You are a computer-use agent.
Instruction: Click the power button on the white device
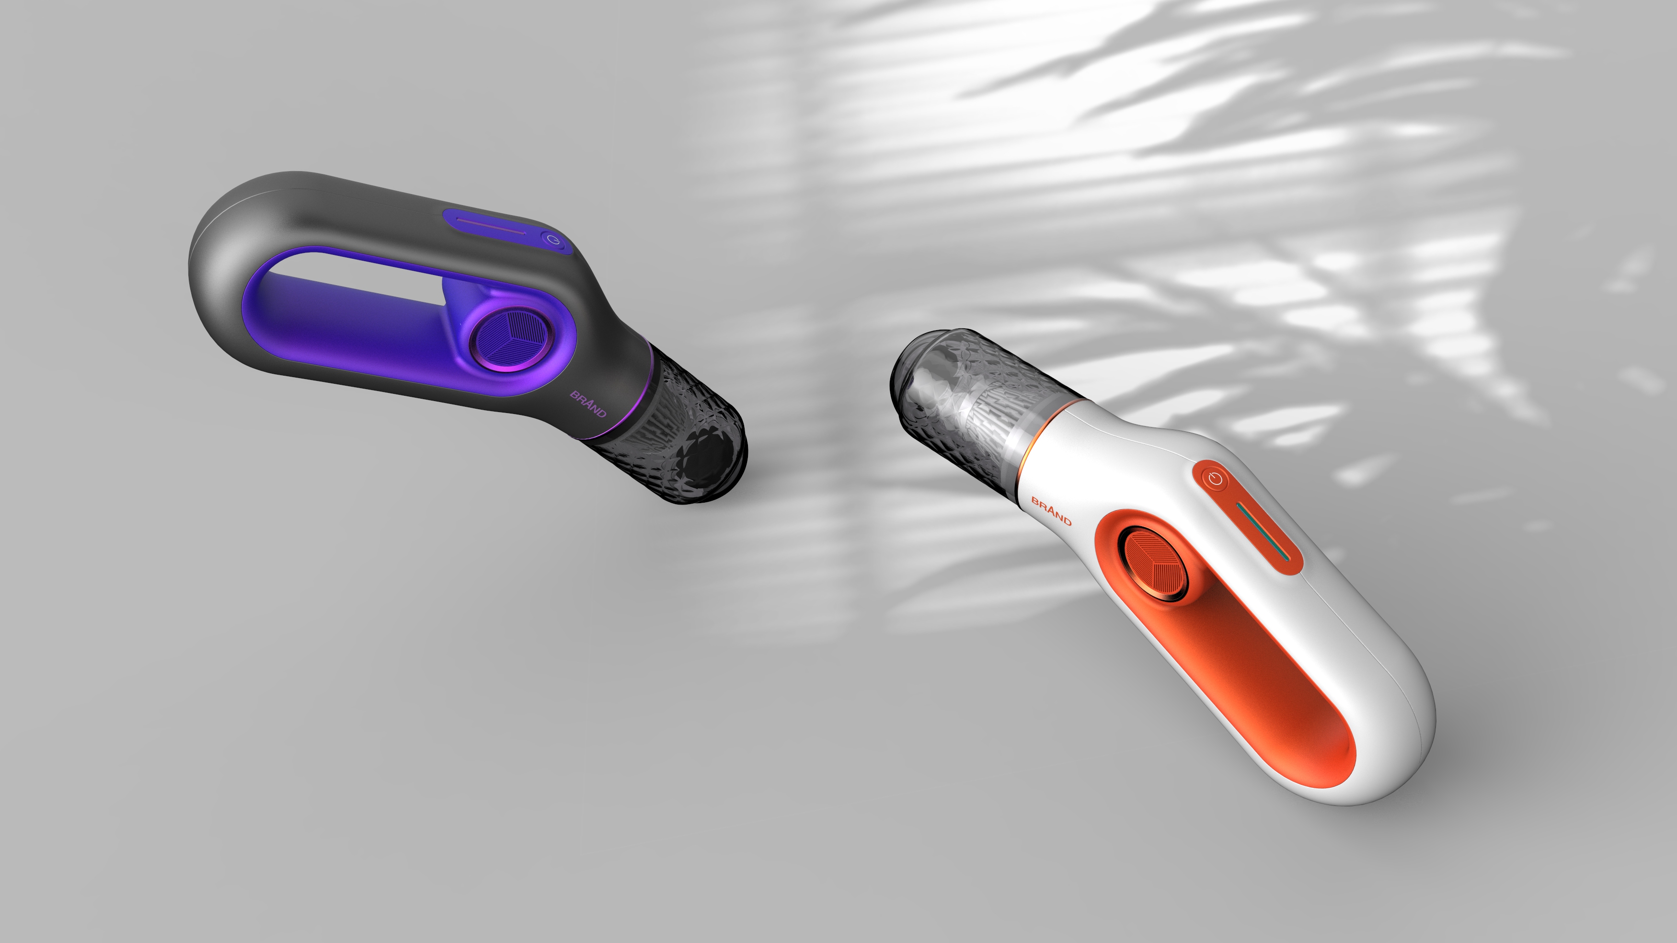point(1215,481)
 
